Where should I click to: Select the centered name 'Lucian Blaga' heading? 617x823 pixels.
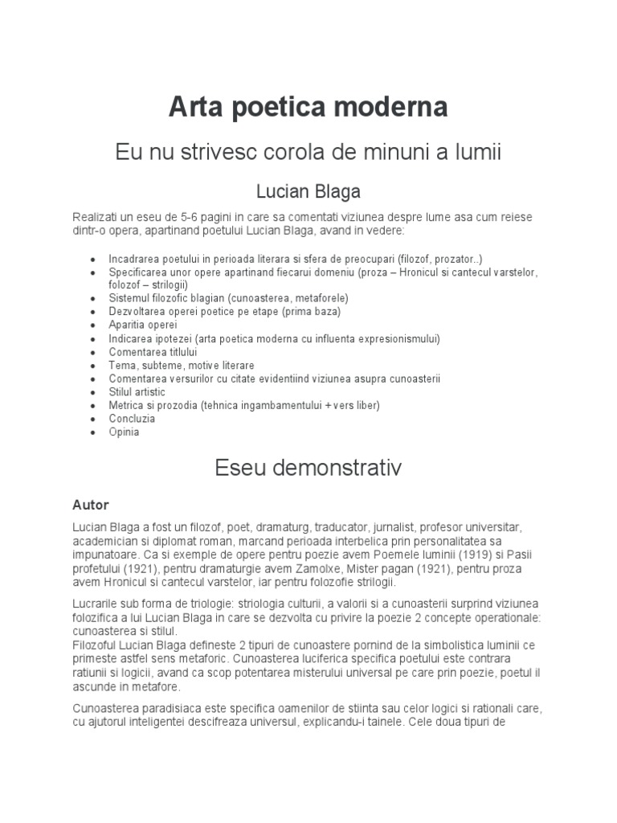click(x=308, y=191)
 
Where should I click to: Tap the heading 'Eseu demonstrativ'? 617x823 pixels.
click(x=308, y=468)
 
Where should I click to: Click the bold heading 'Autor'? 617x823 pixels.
click(x=90, y=505)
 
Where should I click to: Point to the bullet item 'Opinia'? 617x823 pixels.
click(x=125, y=432)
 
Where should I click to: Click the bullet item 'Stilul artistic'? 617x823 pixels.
click(x=137, y=391)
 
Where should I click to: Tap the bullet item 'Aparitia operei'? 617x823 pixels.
click(x=143, y=326)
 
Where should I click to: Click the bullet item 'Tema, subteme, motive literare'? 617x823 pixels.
click(x=182, y=365)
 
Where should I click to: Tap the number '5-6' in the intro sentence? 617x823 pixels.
click(x=185, y=218)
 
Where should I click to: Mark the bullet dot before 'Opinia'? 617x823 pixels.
click(x=94, y=432)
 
